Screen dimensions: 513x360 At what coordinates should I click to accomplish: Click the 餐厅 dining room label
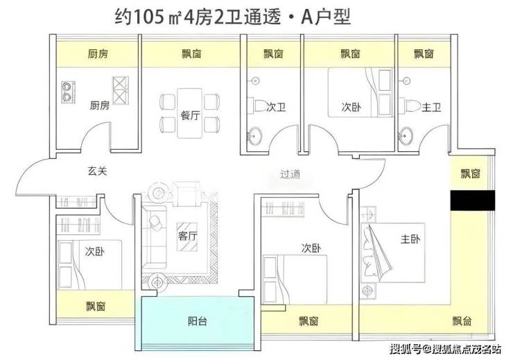[x=190, y=115]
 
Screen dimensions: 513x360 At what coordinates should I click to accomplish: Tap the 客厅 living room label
[x=187, y=236]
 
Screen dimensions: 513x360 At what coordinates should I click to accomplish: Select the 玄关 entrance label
[x=97, y=171]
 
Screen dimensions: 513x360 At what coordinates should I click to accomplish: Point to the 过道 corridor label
[x=290, y=174]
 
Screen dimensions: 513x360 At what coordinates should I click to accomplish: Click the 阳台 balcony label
[x=198, y=321]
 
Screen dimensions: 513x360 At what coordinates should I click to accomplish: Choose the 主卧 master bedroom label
[x=410, y=239]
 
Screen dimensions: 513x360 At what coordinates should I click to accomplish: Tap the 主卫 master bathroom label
[x=431, y=107]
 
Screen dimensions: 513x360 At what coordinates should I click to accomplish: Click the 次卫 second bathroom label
[x=276, y=107]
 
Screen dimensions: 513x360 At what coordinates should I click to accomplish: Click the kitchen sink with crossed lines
[x=121, y=91]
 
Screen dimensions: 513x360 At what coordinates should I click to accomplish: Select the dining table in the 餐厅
[x=189, y=113]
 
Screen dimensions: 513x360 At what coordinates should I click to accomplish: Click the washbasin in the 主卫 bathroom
[x=406, y=135]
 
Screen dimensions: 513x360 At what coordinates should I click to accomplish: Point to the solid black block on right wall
[x=472, y=200]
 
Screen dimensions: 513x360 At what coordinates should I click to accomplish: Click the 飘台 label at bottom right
[x=462, y=321]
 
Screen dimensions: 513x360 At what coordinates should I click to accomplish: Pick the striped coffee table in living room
[x=187, y=237]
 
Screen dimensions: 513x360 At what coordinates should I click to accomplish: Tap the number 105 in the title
[x=148, y=17]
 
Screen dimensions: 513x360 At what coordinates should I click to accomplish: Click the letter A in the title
[x=306, y=17]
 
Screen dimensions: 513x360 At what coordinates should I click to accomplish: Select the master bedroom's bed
[x=392, y=253]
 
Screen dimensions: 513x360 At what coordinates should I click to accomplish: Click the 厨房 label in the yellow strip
[x=98, y=53]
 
